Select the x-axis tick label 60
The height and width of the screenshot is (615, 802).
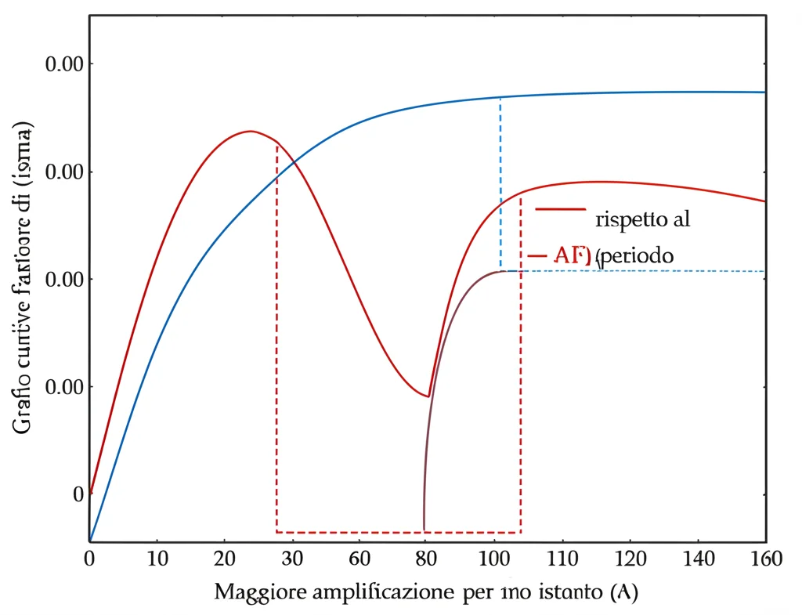click(359, 559)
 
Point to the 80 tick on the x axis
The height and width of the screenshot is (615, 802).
click(427, 559)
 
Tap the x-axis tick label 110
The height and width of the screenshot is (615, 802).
click(562, 559)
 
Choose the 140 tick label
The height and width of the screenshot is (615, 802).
click(698, 559)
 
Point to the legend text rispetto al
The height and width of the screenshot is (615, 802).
click(642, 219)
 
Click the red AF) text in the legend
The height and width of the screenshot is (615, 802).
click(572, 255)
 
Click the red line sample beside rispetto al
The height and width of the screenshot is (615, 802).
click(560, 209)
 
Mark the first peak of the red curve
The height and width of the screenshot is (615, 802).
click(250, 131)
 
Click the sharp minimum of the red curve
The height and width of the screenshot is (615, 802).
click(428, 396)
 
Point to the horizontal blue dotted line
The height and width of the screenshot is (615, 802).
click(642, 271)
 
